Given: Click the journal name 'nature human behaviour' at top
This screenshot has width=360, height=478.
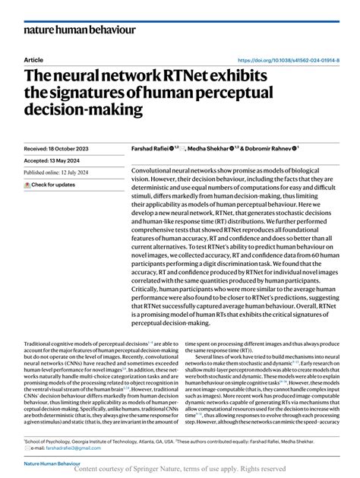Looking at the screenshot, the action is point(79,30).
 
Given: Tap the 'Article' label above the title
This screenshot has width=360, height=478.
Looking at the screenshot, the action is point(33,60).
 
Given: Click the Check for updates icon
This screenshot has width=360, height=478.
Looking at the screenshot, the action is point(27,185).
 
